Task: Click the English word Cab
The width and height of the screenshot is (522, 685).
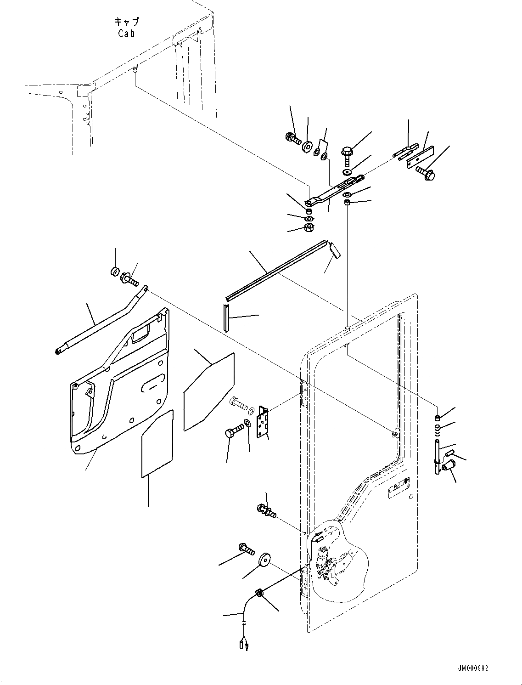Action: (126, 33)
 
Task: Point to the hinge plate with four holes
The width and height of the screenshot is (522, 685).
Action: (263, 422)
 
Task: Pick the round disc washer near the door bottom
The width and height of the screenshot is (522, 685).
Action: (264, 560)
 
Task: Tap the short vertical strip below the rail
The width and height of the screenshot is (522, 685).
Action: (226, 317)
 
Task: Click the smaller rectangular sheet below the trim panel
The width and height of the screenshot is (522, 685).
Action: (157, 443)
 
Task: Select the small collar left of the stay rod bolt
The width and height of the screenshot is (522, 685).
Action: (115, 271)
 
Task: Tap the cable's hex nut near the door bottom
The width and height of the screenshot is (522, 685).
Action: (259, 593)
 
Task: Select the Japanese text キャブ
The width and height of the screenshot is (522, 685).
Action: (126, 22)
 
